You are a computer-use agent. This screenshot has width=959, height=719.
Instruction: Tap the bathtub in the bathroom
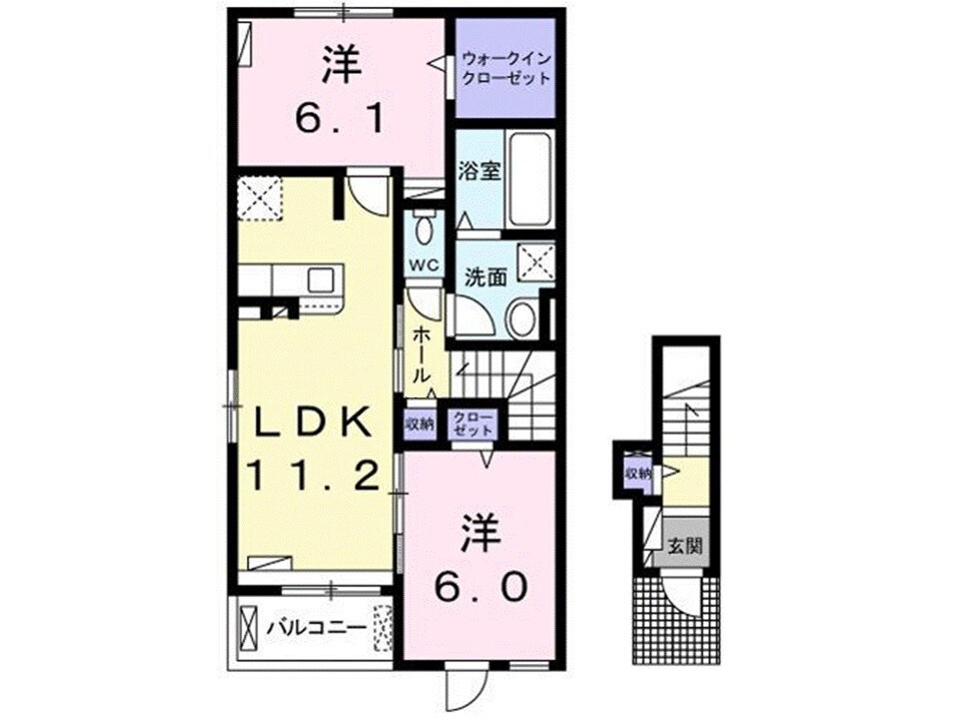tap(528, 179)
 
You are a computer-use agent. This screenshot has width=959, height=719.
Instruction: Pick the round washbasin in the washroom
tap(520, 322)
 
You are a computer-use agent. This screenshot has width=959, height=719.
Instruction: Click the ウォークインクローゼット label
tap(505, 68)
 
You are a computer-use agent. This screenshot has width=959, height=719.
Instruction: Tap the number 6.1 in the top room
tap(339, 120)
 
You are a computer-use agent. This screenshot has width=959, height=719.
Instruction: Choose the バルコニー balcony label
tap(314, 629)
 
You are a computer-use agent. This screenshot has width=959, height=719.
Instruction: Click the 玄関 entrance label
tap(686, 545)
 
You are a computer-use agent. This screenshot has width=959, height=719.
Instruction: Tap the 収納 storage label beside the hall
tap(420, 423)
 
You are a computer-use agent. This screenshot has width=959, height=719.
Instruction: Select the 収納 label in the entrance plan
tap(637, 474)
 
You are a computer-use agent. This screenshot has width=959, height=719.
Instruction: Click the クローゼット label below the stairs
tap(472, 423)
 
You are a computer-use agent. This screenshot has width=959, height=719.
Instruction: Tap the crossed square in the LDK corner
tap(262, 197)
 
